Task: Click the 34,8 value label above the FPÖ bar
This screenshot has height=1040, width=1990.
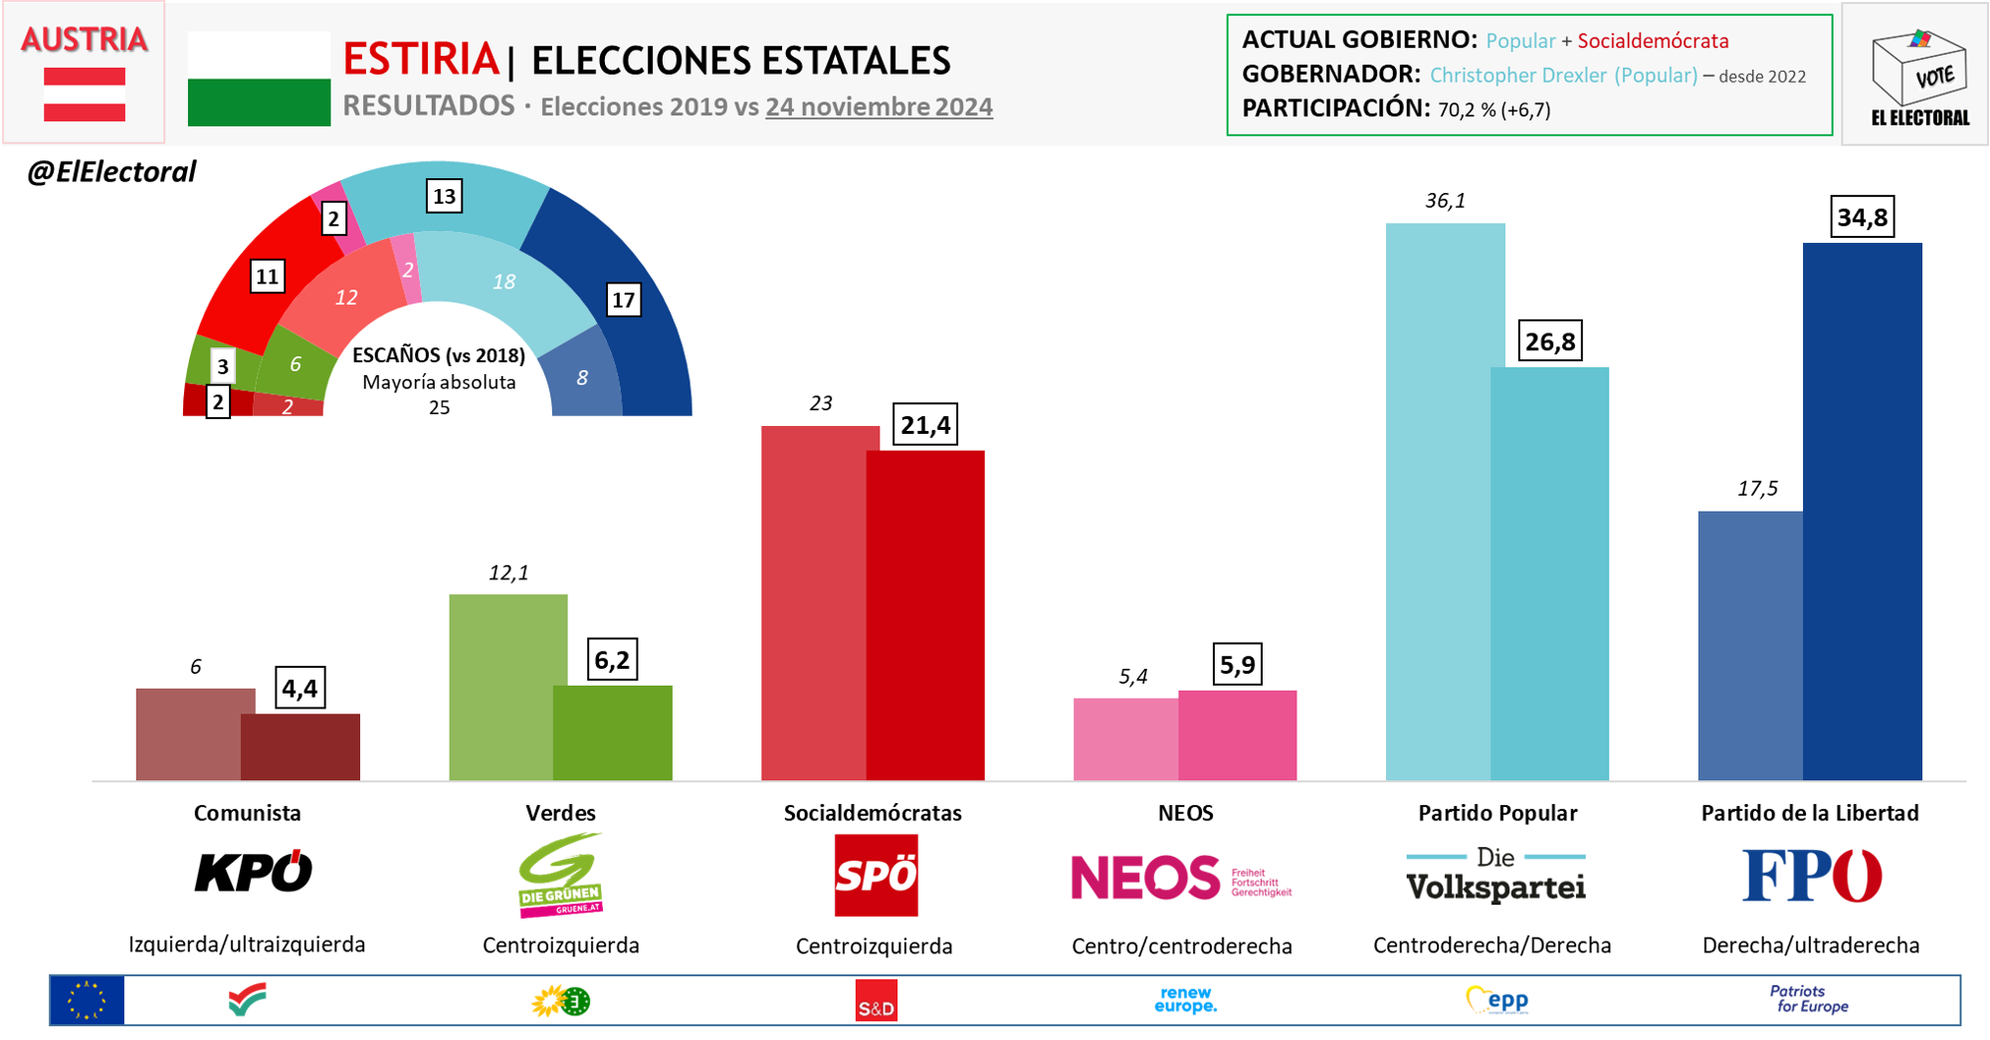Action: click(x=1863, y=217)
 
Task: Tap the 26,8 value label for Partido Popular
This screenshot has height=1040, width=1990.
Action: click(x=1550, y=341)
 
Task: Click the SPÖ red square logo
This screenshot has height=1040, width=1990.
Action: click(x=876, y=875)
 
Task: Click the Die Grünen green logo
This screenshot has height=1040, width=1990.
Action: click(x=561, y=876)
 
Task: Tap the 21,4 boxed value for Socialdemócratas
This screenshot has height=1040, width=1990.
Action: click(x=925, y=425)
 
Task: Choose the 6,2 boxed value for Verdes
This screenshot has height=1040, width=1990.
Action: click(x=612, y=660)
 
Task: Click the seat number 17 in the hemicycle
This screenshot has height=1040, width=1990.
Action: click(x=623, y=300)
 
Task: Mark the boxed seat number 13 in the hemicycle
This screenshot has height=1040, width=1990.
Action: click(x=444, y=196)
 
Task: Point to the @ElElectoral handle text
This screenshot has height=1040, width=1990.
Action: click(x=111, y=172)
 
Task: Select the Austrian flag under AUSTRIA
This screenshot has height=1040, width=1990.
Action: click(x=85, y=95)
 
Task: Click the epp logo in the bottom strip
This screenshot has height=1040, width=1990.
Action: click(x=1497, y=1000)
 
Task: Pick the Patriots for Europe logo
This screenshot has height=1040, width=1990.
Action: click(x=1810, y=999)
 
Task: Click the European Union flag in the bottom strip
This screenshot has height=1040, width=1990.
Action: click(x=88, y=1000)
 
